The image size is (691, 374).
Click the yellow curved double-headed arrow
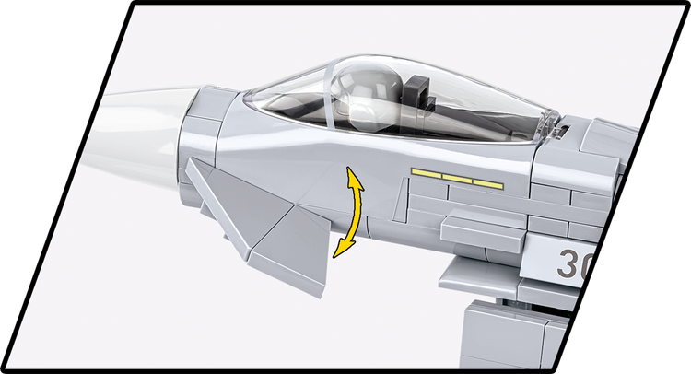[350, 212]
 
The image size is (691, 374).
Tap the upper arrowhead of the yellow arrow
[351, 175]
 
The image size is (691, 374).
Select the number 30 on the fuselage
[572, 265]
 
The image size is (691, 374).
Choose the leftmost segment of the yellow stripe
[427, 173]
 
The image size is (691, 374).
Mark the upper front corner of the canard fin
[193, 163]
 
